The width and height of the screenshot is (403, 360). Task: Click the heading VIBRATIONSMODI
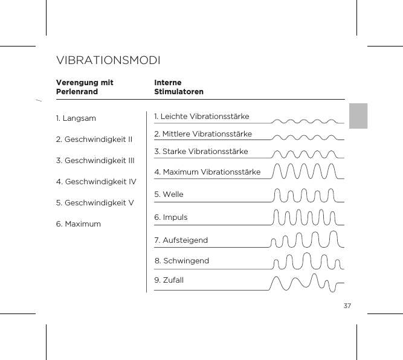[108, 61]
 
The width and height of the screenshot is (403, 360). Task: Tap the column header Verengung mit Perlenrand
[85, 87]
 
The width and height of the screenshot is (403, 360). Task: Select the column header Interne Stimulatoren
[179, 87]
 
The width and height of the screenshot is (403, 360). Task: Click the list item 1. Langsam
[76, 118]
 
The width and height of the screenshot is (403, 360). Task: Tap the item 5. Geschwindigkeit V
[94, 202]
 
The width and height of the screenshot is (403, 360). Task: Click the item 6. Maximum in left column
[79, 224]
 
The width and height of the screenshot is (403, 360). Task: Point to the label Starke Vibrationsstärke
[201, 151]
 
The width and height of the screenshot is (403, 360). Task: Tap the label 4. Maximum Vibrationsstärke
[207, 172]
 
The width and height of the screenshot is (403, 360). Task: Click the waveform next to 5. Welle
[306, 195]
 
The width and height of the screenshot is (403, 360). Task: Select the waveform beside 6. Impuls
[306, 217]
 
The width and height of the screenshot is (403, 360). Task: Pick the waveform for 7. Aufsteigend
[307, 240]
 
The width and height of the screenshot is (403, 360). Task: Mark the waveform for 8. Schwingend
[307, 261]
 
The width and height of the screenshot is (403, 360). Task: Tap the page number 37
[347, 305]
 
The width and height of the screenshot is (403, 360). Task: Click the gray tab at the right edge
[358, 115]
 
